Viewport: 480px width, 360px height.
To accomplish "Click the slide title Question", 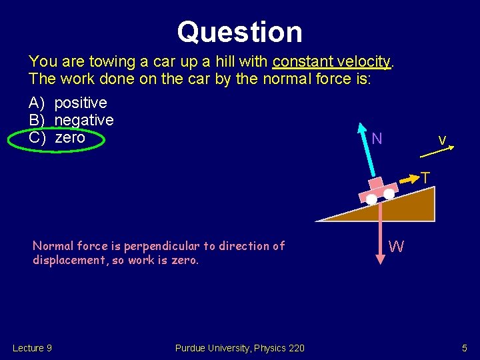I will pos(239,31).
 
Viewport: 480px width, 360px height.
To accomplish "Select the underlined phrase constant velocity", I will pos(331,62).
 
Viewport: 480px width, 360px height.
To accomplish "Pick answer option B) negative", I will pos(71,120).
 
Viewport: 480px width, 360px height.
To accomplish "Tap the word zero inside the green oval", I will pos(70,137).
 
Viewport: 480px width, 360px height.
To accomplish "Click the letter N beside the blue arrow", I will pos(377,139).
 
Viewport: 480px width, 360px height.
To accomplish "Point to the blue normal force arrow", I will pos(366,150).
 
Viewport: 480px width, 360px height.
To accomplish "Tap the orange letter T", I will pos(425,177).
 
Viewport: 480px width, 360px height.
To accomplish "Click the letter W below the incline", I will pos(396,247).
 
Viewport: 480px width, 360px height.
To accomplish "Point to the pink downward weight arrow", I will pos(380,233).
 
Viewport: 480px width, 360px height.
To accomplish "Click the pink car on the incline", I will pos(377,189).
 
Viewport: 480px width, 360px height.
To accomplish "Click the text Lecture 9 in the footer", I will pos(32,348).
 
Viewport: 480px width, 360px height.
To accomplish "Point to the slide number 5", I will pos(465,348).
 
